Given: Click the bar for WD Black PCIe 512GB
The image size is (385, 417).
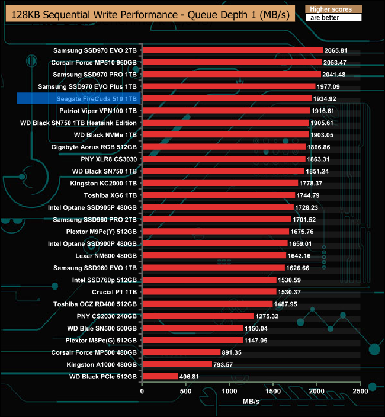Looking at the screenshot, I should pos(160,376).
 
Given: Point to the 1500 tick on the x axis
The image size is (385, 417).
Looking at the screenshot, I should pos(274,392).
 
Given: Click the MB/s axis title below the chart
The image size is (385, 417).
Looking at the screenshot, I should pos(251,402).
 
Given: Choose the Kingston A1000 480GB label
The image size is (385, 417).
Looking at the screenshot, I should pos(102,364).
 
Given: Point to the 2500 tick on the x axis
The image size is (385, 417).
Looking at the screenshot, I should pos(360,392).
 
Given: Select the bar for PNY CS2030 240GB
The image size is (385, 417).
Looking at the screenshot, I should pos(198,316).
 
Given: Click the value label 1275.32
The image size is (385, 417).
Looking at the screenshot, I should pos(267,316).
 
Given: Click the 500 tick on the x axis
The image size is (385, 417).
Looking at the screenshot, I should pos(186,392).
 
